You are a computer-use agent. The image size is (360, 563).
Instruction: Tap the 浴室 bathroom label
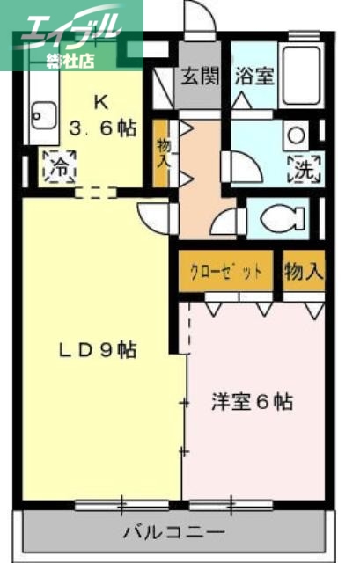[253, 76]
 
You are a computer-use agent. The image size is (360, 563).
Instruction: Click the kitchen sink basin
[40, 113]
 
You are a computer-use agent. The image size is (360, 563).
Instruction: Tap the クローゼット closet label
[226, 272]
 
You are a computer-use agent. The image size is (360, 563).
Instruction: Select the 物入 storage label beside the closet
[303, 272]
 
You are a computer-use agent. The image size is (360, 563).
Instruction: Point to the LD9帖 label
[97, 349]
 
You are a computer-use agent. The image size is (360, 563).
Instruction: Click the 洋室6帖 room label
[251, 402]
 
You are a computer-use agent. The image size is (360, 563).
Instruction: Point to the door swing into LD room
[156, 216]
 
